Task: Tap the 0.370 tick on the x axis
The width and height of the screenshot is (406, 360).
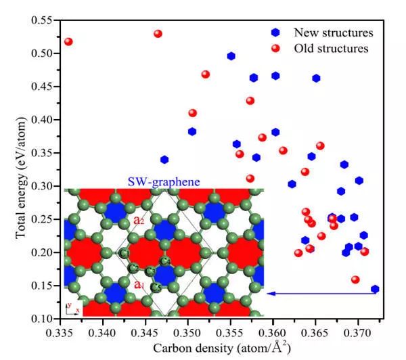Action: coord(358,318)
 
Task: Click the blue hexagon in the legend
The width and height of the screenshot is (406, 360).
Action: coord(275,32)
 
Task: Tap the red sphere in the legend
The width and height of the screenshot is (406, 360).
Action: coord(275,48)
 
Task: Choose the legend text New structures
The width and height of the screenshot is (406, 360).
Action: coord(333,32)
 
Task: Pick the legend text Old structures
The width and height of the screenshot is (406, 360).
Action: coord(331,49)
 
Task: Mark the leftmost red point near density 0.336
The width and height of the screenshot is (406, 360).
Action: coord(68,42)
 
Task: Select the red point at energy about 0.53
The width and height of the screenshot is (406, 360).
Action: coord(158,34)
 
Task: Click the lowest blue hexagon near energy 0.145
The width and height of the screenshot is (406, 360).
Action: coord(375,289)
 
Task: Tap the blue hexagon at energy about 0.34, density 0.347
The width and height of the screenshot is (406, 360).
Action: coord(164,160)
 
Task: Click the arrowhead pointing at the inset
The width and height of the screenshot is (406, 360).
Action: coord(269,293)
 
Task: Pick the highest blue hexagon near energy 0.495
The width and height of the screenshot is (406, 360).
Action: coord(231,56)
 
